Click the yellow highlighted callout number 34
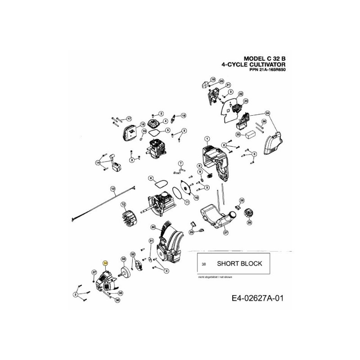coord(106,264)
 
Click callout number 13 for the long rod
coord(113,188)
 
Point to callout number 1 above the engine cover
coord(207,138)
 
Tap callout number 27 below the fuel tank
coord(226,233)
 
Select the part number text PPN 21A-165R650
coord(267,70)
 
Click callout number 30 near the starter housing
coord(153,227)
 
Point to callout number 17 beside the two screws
coord(128,119)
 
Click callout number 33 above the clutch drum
coord(123,259)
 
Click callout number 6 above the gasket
coord(152,178)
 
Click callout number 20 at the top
coord(221,81)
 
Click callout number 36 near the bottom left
coord(117,300)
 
